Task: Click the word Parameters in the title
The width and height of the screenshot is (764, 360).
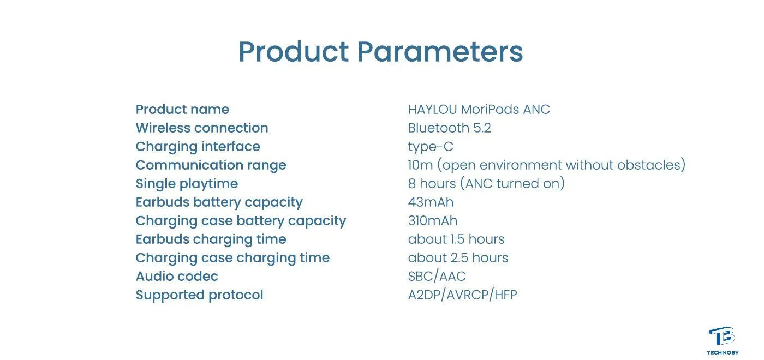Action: (440, 51)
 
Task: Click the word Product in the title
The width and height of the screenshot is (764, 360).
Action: (294, 51)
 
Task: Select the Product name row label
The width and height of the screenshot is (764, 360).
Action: (182, 110)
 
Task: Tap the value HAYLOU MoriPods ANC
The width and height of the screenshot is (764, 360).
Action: (479, 110)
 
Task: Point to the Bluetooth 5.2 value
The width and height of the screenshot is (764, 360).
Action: (449, 128)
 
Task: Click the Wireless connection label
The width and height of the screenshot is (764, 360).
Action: (202, 128)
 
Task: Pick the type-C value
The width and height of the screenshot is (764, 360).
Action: (431, 147)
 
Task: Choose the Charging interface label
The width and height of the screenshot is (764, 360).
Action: (198, 147)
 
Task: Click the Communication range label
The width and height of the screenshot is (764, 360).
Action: (211, 165)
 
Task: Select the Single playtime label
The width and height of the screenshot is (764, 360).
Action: (187, 184)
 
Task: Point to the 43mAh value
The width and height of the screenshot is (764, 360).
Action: (431, 202)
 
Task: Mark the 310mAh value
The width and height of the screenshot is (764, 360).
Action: (432, 220)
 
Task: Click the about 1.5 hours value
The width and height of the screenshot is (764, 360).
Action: (456, 239)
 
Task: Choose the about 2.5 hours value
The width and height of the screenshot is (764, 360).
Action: (458, 257)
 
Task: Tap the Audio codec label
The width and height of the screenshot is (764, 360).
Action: (177, 277)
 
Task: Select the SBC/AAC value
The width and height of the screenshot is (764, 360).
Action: (437, 277)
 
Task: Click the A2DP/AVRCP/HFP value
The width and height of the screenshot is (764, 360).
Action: (463, 295)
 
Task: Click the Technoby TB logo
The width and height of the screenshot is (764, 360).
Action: (722, 340)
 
